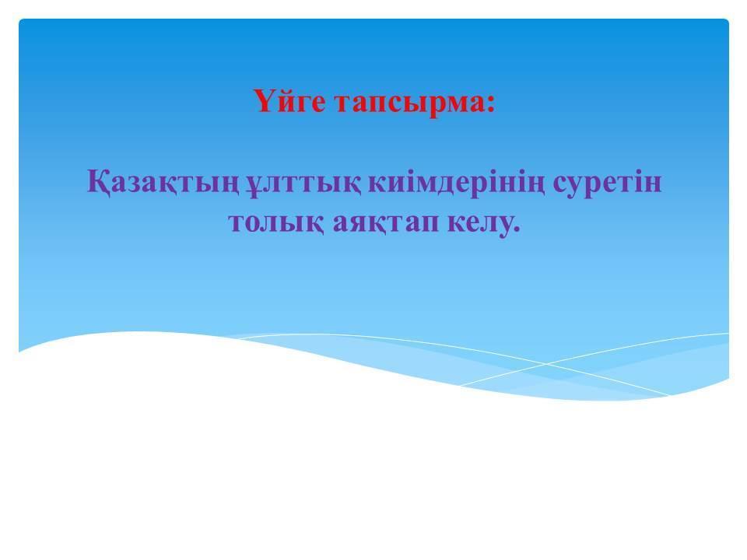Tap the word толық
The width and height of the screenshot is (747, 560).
[x=276, y=223]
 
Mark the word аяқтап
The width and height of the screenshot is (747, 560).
[x=385, y=223]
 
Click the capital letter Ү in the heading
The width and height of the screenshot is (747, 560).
[x=264, y=100]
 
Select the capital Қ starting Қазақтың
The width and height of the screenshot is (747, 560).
[x=98, y=182]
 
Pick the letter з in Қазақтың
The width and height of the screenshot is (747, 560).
[x=137, y=184]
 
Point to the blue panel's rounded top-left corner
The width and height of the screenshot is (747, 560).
[x=20, y=20]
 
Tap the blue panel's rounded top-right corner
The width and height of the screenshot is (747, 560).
[x=728, y=20]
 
